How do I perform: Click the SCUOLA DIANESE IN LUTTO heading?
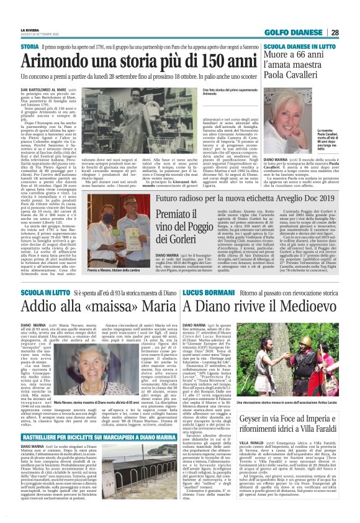[300, 47]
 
